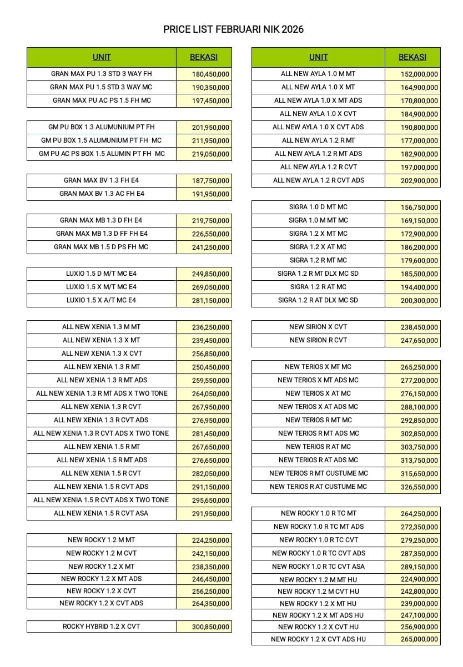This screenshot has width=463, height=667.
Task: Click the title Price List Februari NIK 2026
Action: coord(233,29)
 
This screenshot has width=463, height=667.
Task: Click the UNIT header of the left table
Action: coord(102,57)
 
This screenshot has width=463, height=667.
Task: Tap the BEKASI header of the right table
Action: coord(412,57)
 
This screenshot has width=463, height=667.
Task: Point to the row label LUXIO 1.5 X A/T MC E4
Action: coord(101,300)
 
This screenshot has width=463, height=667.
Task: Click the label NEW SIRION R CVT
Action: coord(318,340)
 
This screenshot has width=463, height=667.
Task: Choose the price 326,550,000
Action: coord(419,487)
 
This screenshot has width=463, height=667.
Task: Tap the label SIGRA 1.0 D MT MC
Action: coord(318,207)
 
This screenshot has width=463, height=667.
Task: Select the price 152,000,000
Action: coord(419,74)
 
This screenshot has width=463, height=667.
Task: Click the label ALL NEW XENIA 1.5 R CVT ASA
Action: coord(101,513)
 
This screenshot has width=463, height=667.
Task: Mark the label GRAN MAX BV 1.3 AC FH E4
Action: coord(102,194)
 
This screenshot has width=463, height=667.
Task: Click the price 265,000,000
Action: coord(419,639)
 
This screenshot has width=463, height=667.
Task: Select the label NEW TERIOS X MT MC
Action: coord(318,367)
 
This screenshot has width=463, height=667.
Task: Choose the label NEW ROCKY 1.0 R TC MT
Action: coord(319,514)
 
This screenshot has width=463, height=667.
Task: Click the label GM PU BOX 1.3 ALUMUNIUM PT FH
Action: coord(102,127)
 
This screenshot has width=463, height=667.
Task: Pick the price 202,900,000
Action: coord(419,181)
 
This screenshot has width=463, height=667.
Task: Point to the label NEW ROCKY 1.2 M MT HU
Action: coord(318,579)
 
